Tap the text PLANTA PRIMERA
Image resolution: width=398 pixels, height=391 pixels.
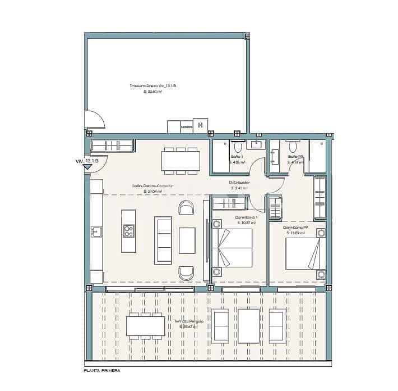click(101, 371)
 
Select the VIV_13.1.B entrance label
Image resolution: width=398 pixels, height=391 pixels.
click(87, 161)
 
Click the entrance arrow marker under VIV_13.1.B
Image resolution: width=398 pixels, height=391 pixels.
click(87, 167)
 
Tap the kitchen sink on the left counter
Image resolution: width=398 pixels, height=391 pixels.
click(96, 231)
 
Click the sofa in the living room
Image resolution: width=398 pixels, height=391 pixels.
click(164, 240)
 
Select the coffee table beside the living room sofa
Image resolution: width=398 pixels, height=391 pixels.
click(187, 240)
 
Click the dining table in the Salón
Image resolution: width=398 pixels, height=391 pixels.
click(181, 161)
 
